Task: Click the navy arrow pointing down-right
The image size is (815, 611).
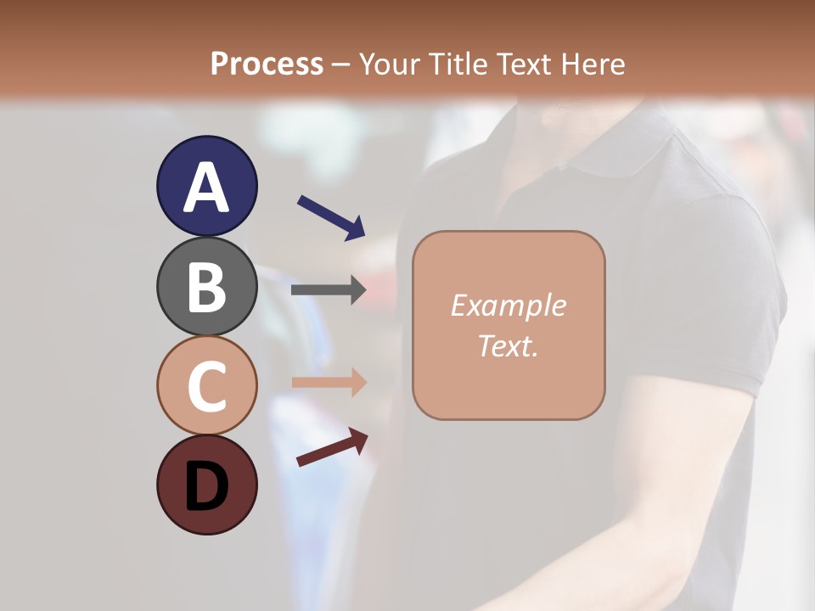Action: [331, 216]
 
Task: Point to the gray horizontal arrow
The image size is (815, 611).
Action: [329, 289]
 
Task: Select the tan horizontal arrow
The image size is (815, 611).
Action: [329, 383]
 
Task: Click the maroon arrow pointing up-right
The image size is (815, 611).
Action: [332, 447]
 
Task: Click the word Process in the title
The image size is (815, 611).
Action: [267, 64]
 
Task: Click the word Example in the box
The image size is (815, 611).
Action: [509, 305]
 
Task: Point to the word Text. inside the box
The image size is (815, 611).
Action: [509, 346]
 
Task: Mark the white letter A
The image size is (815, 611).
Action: [206, 187]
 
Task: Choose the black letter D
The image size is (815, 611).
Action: [206, 486]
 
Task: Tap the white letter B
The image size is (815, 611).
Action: [206, 287]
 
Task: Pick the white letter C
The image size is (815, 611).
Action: [206, 385]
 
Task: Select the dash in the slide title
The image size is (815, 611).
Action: [341, 65]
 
